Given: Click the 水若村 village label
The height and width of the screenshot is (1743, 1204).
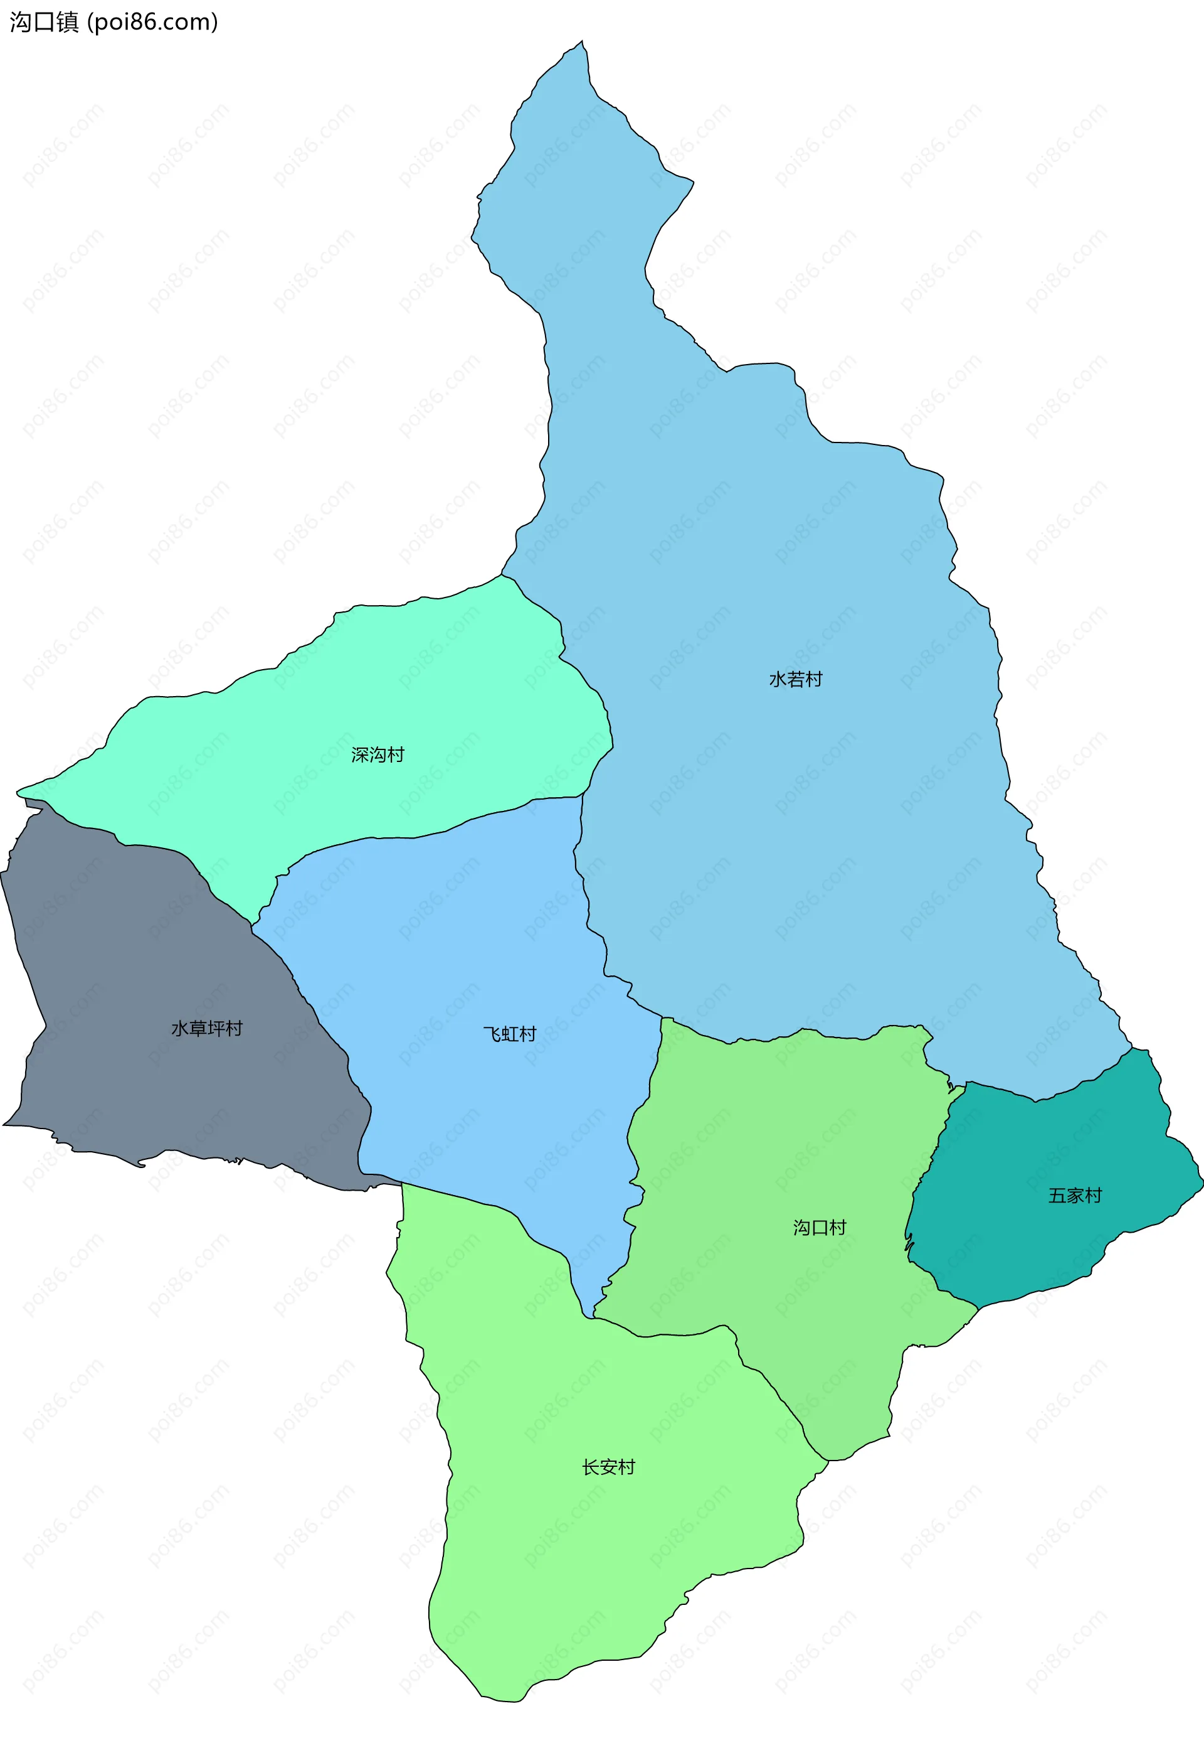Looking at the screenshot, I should (x=795, y=679).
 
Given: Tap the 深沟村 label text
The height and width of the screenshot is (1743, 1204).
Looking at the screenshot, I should (x=378, y=755).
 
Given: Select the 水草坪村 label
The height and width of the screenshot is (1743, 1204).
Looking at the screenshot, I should (x=207, y=1028).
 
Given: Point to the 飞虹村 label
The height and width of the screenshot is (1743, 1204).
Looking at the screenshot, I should (x=509, y=1033).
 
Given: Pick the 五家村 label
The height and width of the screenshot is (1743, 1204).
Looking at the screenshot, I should (x=1075, y=1195).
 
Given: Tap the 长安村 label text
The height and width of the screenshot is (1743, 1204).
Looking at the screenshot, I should (x=608, y=1467).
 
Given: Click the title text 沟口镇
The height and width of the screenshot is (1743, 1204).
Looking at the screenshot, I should (x=44, y=22).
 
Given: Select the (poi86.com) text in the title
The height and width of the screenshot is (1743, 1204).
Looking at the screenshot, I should (x=153, y=22).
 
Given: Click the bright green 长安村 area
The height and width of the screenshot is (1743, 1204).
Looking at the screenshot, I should (x=603, y=1548).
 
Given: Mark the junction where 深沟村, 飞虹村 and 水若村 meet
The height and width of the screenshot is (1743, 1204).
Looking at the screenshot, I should (x=582, y=796).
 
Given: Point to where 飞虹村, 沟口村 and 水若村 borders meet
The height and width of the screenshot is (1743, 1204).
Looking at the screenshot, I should (x=662, y=1017).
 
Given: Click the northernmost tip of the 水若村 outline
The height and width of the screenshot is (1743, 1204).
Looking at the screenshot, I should (x=582, y=41).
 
